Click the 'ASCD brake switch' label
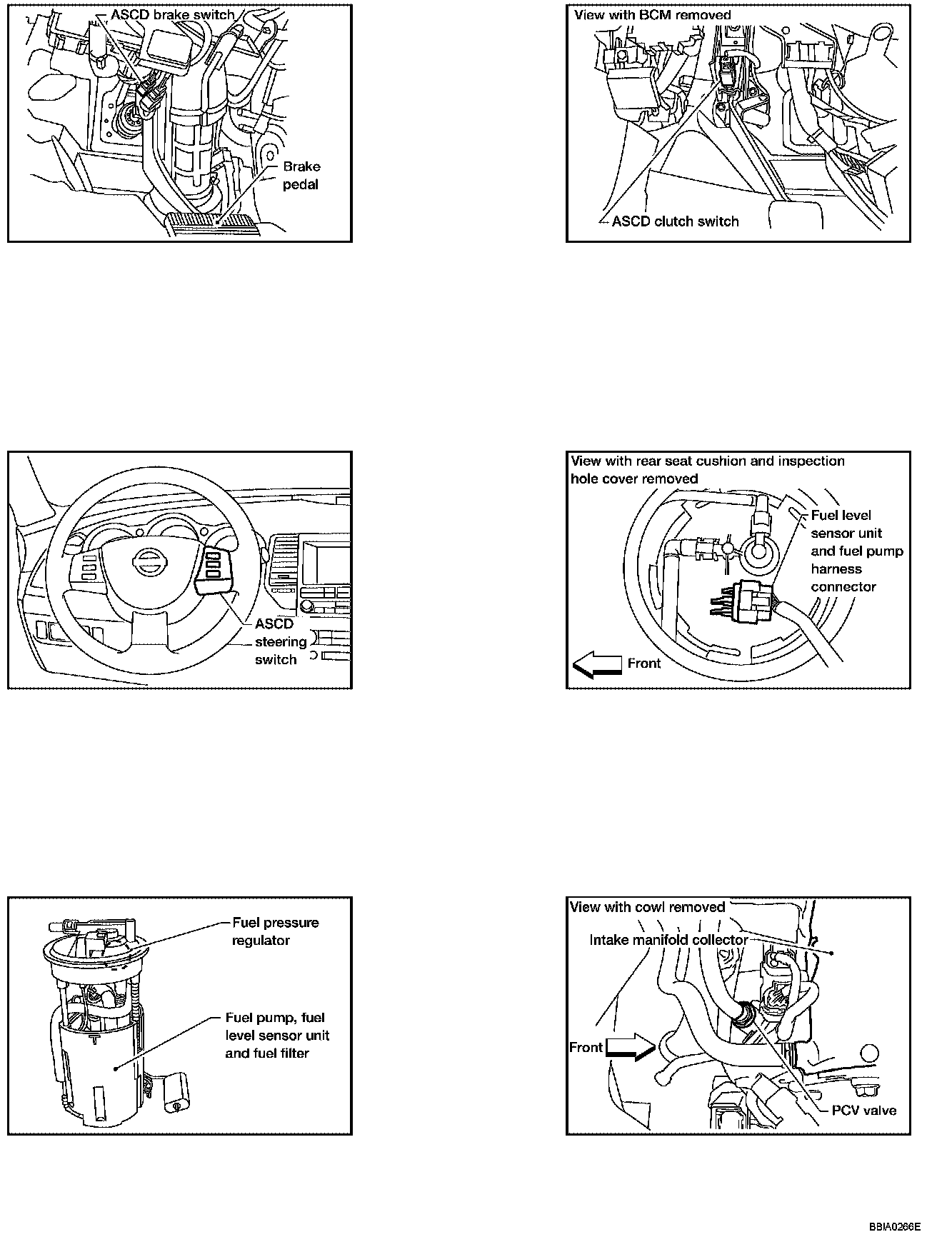coord(172,14)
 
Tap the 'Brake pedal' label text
coord(301,176)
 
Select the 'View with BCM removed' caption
coord(652,14)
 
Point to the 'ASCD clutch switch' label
coord(675,221)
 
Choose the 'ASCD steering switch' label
coord(280,641)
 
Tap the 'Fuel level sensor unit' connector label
coord(856,551)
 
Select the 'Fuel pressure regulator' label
coord(275,931)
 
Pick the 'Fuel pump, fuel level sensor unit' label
coord(277,1035)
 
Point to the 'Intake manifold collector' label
coord(668,940)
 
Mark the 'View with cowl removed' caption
coord(647,907)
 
